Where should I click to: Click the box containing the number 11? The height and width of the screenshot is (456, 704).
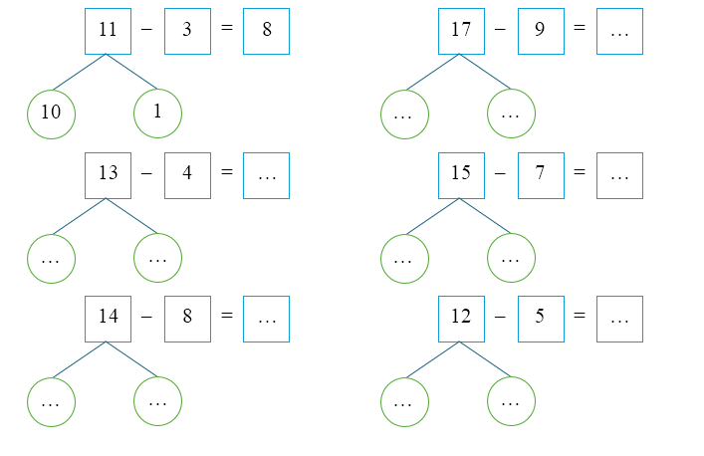click(109, 31)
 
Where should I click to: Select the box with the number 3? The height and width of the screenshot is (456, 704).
click(187, 31)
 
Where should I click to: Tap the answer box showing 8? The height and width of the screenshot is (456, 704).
click(266, 31)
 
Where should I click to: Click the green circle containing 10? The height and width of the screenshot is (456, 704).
click(51, 114)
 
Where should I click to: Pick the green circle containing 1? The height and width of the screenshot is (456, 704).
click(157, 114)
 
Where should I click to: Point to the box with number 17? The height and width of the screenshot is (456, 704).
click(461, 31)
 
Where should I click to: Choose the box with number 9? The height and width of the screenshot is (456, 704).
click(540, 31)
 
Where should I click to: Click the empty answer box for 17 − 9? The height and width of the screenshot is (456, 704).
click(619, 31)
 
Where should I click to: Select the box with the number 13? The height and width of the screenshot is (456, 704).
click(109, 174)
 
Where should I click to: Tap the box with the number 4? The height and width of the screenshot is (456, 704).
click(187, 174)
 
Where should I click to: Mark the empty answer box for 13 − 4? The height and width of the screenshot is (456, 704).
click(266, 174)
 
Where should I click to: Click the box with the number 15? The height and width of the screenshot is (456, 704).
click(461, 174)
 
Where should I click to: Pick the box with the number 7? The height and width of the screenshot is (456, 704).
click(540, 174)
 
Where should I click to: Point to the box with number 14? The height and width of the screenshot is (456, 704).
click(109, 319)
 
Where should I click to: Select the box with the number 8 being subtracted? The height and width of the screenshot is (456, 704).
click(187, 319)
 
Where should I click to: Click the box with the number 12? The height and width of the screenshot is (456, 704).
click(461, 319)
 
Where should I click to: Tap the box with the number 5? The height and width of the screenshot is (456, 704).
click(540, 319)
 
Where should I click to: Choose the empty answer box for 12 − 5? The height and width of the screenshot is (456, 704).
click(619, 319)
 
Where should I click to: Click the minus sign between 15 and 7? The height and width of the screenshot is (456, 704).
click(500, 174)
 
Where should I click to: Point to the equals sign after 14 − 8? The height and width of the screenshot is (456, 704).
click(226, 319)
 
